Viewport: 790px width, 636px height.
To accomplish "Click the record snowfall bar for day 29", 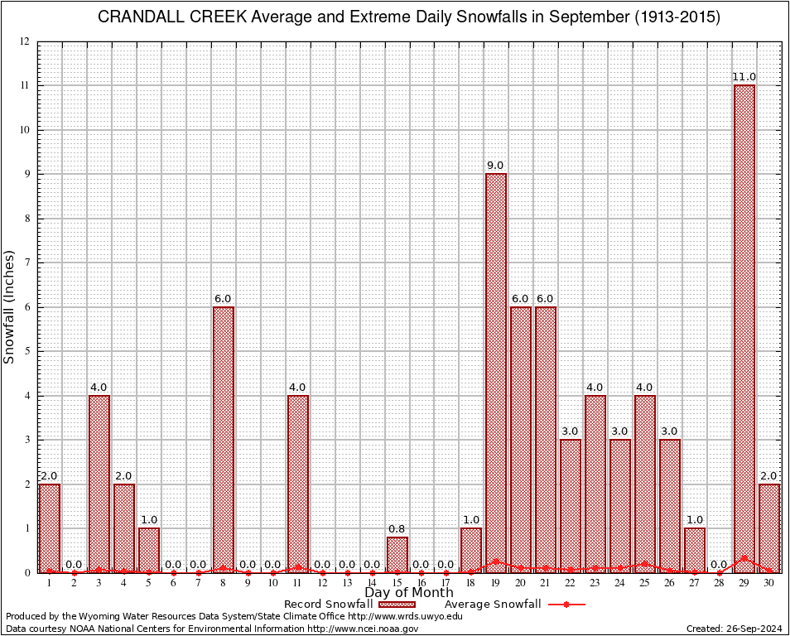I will click(744, 331).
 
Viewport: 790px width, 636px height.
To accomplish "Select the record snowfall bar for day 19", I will click(496, 373).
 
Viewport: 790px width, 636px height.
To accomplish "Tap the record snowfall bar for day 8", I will click(224, 439).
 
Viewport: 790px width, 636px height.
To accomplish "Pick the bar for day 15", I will click(397, 555).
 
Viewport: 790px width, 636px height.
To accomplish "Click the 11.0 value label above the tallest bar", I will click(744, 77).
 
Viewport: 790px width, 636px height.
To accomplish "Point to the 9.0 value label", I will click(496, 166).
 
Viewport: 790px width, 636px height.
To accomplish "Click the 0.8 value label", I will click(397, 529).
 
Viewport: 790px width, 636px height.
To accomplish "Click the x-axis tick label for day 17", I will click(446, 583).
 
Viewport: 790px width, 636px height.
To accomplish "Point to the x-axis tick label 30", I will click(769, 583).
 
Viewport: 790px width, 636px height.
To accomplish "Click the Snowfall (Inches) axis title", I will click(10, 306).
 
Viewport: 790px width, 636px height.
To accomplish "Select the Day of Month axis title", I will click(409, 593).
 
